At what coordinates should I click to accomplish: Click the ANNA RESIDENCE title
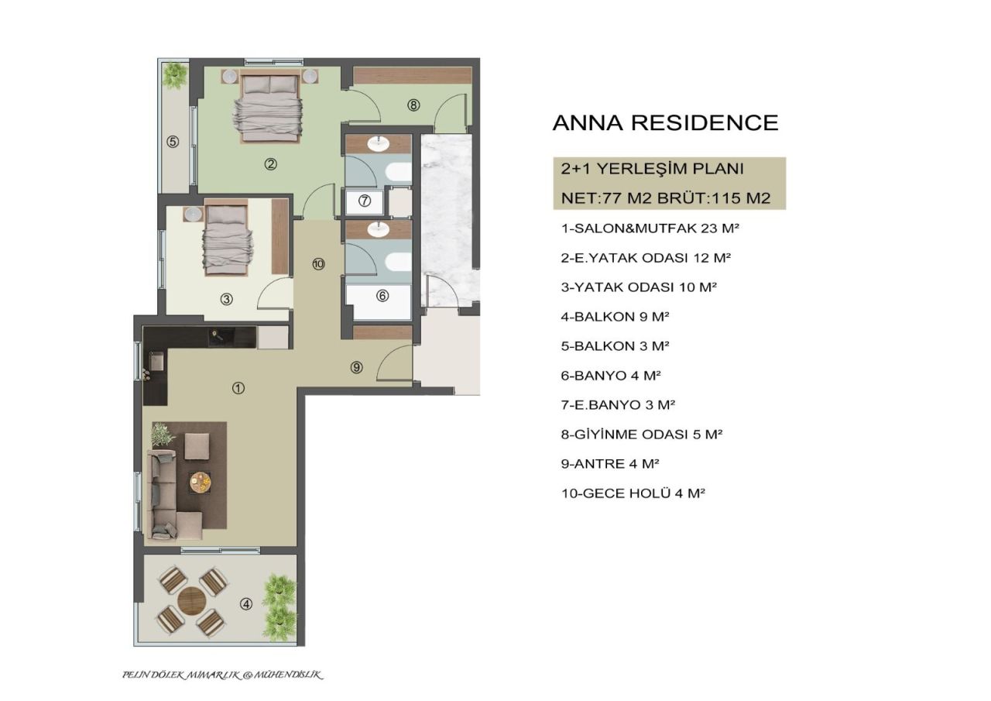tap(665, 123)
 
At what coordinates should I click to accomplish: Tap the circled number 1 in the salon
tap(238, 388)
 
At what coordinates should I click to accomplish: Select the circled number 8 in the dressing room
tap(413, 105)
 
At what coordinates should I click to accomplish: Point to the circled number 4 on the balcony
tap(246, 604)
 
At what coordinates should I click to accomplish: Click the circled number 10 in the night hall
tap(318, 264)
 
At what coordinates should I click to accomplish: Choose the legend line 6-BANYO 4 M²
tap(611, 376)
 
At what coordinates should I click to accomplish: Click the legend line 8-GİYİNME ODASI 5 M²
tap(642, 435)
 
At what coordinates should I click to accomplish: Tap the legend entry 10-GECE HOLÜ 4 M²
tap(633, 493)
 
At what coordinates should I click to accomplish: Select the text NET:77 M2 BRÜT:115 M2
tap(665, 198)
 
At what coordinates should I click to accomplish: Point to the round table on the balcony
tap(191, 600)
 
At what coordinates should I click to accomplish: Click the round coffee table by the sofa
tap(200, 483)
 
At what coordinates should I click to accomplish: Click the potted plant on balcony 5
tap(176, 74)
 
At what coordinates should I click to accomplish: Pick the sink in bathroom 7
tap(379, 143)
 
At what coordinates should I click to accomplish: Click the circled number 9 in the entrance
tap(356, 368)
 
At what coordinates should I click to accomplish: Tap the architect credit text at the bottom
tap(223, 675)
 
